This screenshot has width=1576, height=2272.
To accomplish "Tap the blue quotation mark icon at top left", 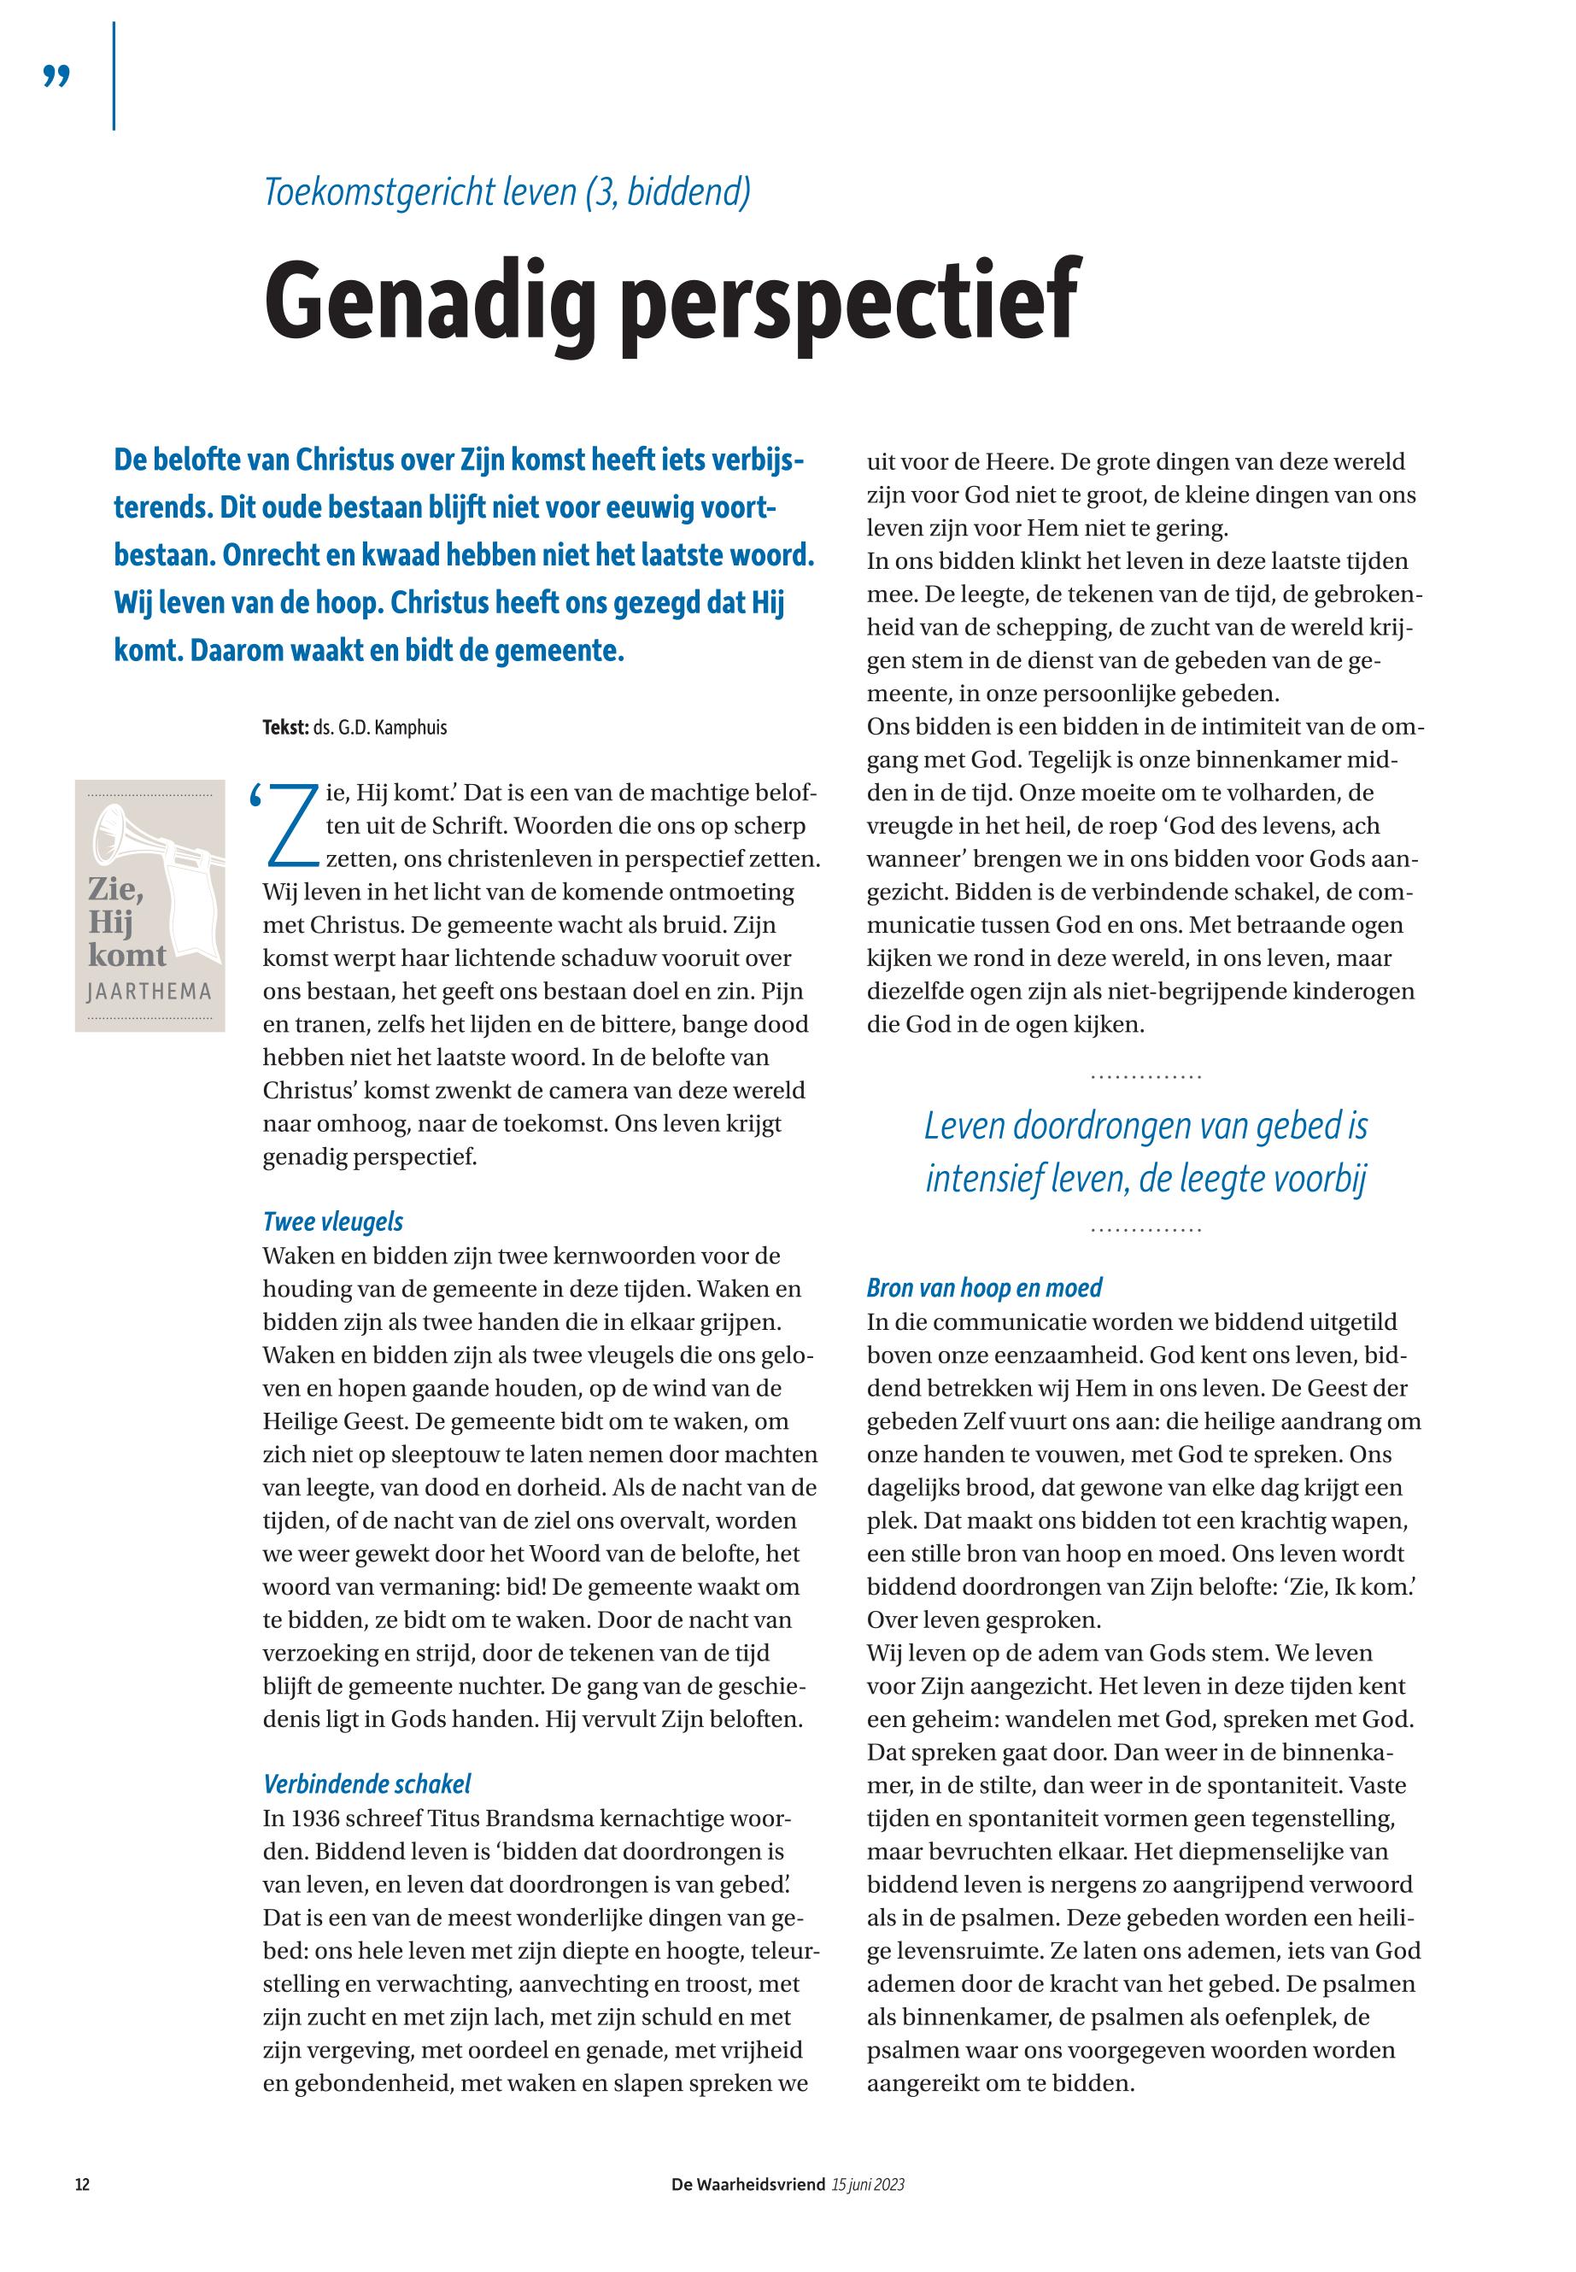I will pyautogui.click(x=57, y=77).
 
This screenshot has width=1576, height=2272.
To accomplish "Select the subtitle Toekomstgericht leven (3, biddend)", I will pyautogui.click(x=507, y=190).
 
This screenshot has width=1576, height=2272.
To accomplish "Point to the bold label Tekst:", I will pyautogui.click(x=285, y=728).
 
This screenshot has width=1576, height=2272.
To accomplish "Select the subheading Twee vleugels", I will pyautogui.click(x=333, y=1221).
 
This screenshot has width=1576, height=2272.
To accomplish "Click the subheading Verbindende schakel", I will pyautogui.click(x=366, y=1783).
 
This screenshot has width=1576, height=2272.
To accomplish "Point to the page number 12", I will pyautogui.click(x=83, y=2185).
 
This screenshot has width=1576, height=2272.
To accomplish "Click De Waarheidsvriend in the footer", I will pyautogui.click(x=747, y=2185).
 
